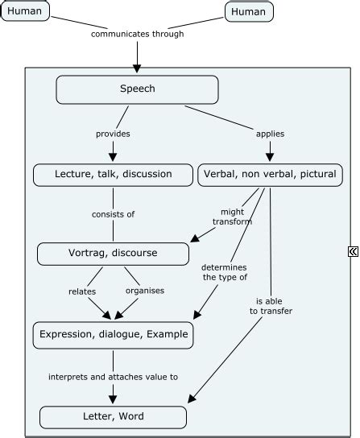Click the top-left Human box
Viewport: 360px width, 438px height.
point(25,11)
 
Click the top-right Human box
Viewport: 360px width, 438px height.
point(248,11)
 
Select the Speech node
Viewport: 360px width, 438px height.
point(137,89)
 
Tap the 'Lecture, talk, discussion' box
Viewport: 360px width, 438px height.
point(113,174)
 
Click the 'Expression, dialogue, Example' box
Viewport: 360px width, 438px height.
point(113,335)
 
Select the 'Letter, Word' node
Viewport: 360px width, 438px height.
point(113,417)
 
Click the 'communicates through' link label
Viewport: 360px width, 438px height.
point(137,35)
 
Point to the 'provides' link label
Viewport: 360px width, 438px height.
point(114,134)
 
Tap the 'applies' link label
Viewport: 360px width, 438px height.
point(269,134)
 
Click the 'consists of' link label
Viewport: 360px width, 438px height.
point(113,214)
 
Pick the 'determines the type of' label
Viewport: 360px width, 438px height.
point(225,272)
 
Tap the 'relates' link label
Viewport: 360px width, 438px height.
point(82,291)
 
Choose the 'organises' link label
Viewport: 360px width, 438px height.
point(145,291)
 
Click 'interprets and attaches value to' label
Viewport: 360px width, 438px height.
point(113,376)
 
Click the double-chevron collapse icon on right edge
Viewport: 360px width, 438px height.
point(353,252)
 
